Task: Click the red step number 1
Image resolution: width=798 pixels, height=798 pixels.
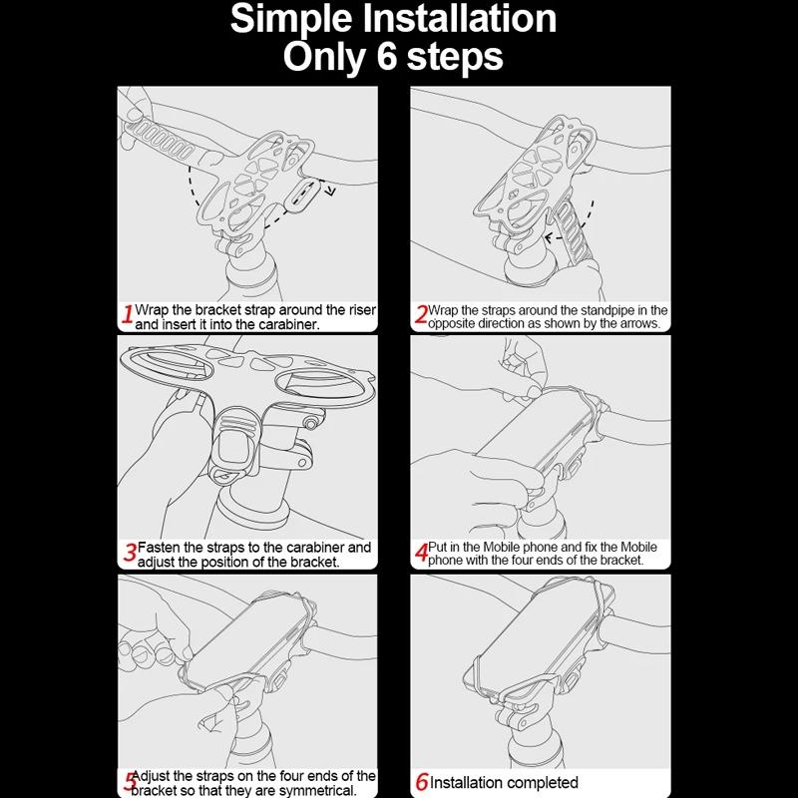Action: click(x=129, y=313)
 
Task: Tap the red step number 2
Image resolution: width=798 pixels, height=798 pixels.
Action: click(x=421, y=314)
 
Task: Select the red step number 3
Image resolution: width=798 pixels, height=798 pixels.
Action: click(x=131, y=553)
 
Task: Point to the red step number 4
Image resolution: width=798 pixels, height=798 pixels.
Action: click(x=421, y=553)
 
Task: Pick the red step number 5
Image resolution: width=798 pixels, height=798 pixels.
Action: click(x=131, y=782)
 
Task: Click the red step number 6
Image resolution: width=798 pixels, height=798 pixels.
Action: click(x=422, y=782)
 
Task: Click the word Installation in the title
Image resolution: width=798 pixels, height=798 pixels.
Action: click(x=459, y=19)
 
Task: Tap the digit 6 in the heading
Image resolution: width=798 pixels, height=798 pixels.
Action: click(x=387, y=56)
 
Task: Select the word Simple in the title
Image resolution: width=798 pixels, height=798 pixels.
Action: click(x=291, y=20)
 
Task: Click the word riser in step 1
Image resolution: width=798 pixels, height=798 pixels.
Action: click(x=362, y=309)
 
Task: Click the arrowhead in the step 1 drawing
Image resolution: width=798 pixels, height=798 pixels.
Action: click(x=330, y=192)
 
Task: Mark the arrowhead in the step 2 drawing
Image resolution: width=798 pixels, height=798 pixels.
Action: click(x=550, y=237)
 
